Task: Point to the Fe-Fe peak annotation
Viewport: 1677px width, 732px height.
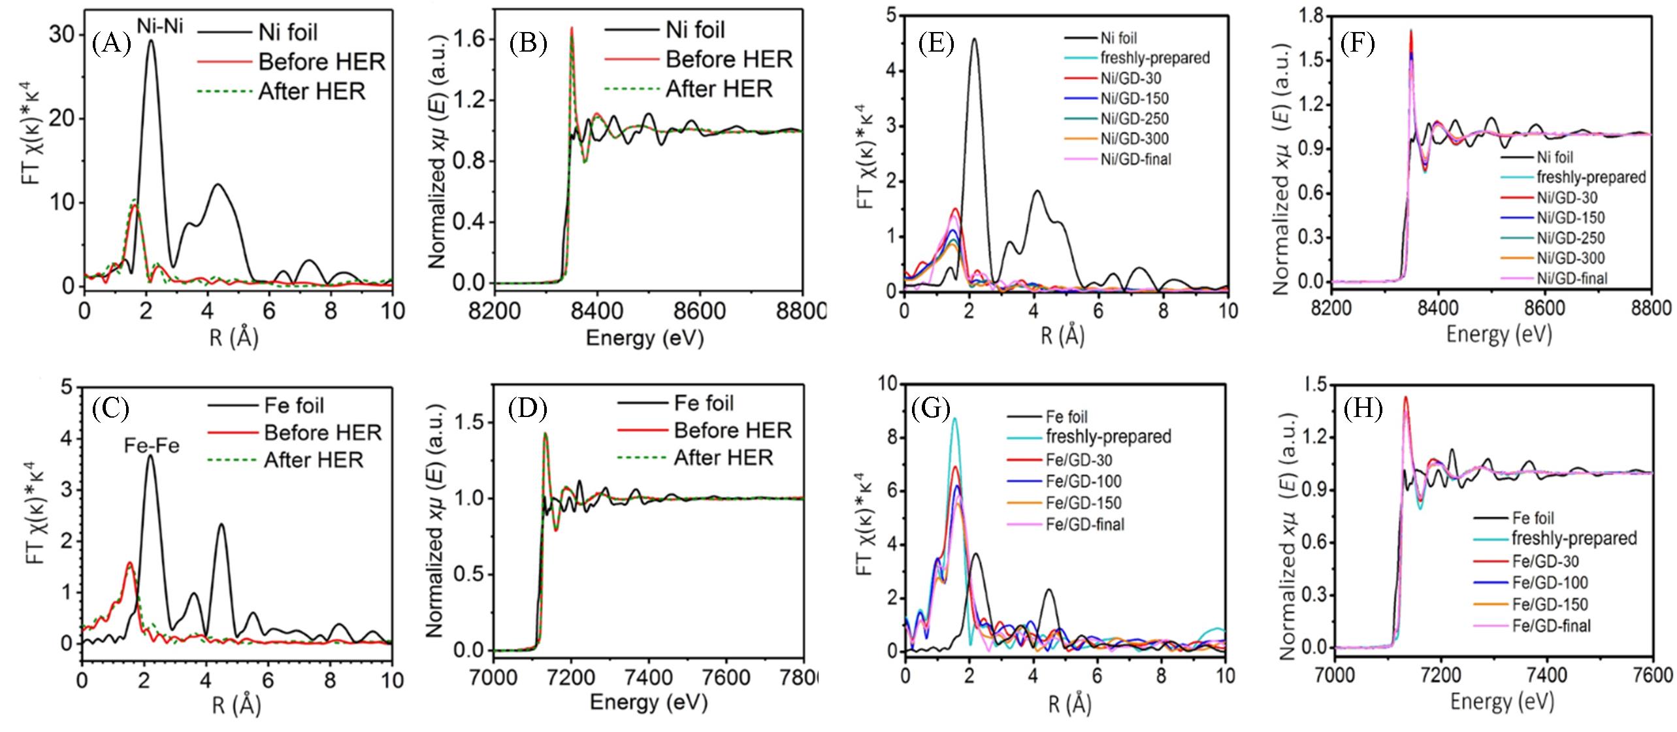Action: tap(152, 446)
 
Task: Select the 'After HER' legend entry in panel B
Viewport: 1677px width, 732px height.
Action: tap(719, 89)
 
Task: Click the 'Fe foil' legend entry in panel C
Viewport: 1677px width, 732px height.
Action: tap(294, 406)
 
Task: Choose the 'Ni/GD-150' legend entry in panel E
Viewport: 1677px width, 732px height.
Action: tap(1134, 99)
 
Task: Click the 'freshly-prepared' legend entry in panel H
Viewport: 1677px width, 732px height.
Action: tap(1574, 538)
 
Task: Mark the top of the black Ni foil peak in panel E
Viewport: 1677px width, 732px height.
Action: tap(974, 39)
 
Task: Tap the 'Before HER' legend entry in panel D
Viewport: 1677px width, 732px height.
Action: tap(732, 431)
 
